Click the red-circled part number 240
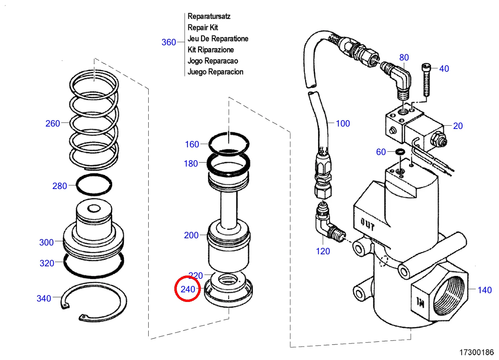tap(188, 289)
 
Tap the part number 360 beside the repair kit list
tap(169, 42)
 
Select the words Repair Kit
tap(203, 27)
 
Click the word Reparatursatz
tap(209, 16)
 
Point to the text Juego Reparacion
tap(215, 72)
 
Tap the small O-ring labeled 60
tap(400, 152)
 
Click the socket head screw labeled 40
tap(426, 80)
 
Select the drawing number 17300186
tap(477, 352)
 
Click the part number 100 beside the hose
tap(343, 124)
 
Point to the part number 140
tap(485, 290)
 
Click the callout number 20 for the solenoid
tap(458, 126)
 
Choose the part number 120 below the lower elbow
tap(323, 251)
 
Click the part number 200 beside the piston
tap(191, 235)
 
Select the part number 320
tap(47, 263)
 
